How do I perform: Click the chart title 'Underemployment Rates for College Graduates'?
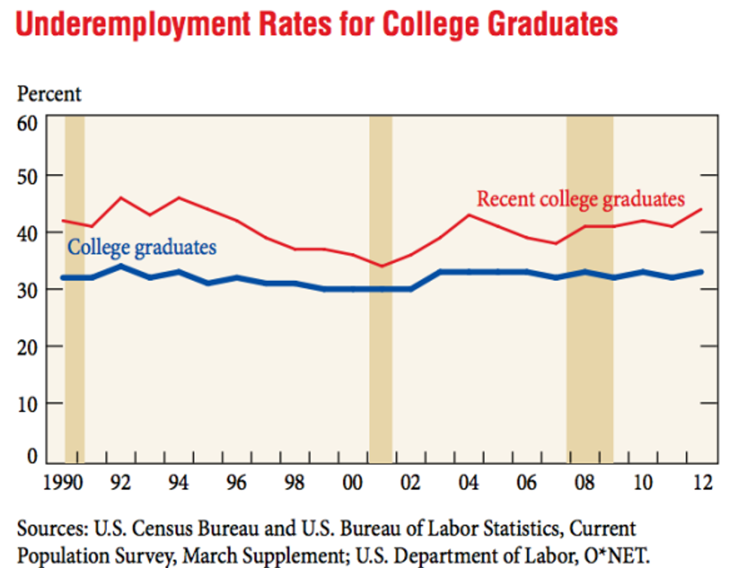316,25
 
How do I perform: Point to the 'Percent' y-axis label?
49,94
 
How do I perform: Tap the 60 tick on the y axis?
28,123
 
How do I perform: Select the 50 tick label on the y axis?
28,176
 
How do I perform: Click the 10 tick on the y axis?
28,403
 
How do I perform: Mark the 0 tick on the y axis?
32,456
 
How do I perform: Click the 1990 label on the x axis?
63,483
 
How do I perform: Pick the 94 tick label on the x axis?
178,483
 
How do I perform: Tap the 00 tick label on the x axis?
352,483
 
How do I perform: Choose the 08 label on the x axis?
584,483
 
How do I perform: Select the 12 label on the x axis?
702,483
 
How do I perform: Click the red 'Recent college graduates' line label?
581,199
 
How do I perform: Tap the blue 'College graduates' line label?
142,247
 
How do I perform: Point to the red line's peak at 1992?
120,197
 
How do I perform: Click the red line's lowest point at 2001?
381,266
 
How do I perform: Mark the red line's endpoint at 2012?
702,209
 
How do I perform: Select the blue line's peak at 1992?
120,266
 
